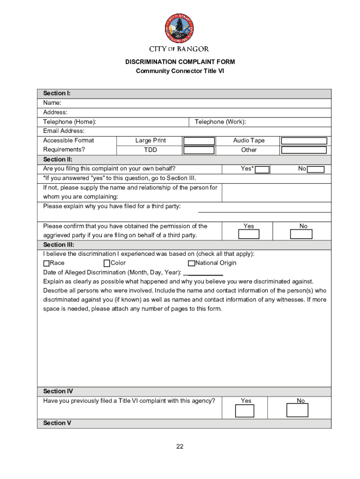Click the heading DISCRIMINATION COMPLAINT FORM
pyautogui.click(x=180, y=62)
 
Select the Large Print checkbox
pyautogui.click(x=199, y=141)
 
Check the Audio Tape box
pyautogui.click(x=303, y=141)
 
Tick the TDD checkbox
pyautogui.click(x=199, y=150)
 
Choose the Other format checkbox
pyautogui.click(x=303, y=150)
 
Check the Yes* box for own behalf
pyautogui.click(x=262, y=169)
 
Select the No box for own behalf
pyautogui.click(x=316, y=169)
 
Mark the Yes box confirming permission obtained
pyautogui.click(x=249, y=234)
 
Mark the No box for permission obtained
pyautogui.click(x=301, y=234)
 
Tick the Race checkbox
pyautogui.click(x=46, y=263)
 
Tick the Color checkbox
pyautogui.click(x=107, y=263)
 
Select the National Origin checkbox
pyautogui.click(x=191, y=263)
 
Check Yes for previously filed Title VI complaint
pyautogui.click(x=245, y=411)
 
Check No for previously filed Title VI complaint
pyautogui.click(x=297, y=410)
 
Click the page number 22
pyautogui.click(x=180, y=447)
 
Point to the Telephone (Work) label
pyautogui.click(x=220, y=122)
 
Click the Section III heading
pyautogui.click(x=58, y=245)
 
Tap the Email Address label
pyautogui.click(x=64, y=131)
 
